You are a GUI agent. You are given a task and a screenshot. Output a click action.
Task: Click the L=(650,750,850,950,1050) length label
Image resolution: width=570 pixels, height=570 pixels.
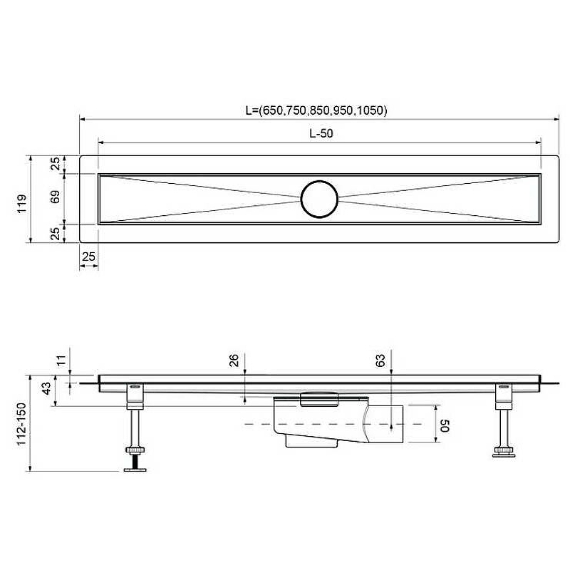[x=316, y=110]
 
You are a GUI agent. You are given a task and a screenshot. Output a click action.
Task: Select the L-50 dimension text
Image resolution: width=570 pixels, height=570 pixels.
[x=321, y=133]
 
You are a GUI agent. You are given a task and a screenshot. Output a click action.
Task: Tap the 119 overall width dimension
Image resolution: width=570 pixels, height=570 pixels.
[x=22, y=204]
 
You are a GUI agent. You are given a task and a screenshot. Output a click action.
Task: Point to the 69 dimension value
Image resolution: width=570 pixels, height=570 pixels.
[x=56, y=197]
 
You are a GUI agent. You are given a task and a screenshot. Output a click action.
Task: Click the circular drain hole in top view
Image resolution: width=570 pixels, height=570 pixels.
[x=319, y=199]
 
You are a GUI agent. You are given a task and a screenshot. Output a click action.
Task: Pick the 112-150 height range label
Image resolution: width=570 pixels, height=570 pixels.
[x=22, y=424]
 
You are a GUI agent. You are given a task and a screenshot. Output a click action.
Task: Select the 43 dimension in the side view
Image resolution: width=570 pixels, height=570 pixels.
[x=46, y=388]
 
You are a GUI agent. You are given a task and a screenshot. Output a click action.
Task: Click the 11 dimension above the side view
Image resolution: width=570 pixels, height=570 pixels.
[x=61, y=361]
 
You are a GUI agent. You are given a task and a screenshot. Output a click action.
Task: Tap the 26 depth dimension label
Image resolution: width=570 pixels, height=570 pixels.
[x=234, y=361]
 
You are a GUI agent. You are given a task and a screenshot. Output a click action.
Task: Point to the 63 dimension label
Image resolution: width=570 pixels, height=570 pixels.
[x=380, y=361]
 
